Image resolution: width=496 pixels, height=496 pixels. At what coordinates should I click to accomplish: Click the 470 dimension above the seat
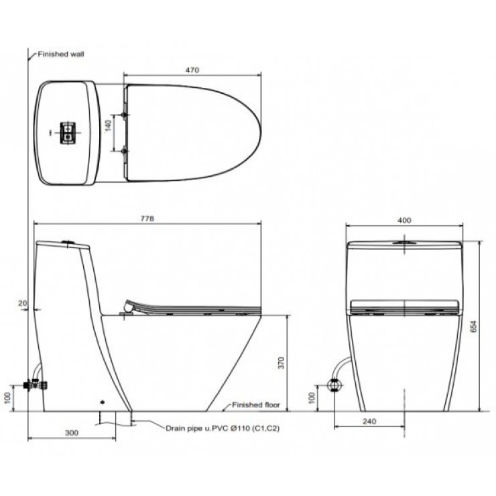pos(192,70)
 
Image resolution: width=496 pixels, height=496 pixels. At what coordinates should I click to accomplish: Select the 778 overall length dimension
pos(147,219)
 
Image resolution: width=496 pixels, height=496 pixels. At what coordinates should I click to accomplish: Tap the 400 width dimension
pos(404,219)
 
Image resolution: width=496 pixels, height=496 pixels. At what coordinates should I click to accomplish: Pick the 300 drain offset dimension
pos(72,432)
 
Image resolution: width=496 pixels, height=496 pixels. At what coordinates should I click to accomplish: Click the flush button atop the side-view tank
pos(67,241)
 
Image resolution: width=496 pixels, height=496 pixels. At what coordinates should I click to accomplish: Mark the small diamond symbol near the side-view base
pos(102,402)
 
